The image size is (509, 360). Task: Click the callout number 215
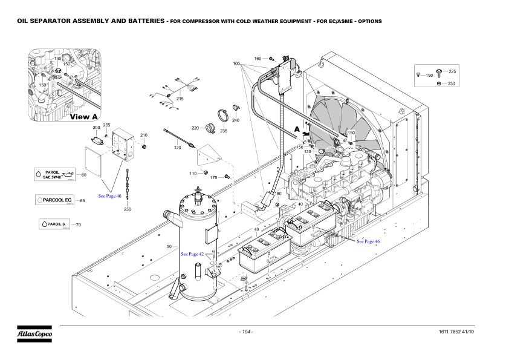(180, 99)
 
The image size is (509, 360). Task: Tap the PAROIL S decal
(54, 224)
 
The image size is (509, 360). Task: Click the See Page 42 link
(192, 255)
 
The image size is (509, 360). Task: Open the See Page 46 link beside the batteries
(368, 241)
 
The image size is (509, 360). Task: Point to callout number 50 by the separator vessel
(169, 247)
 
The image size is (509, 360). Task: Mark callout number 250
(128, 209)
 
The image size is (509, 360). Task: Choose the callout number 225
(452, 71)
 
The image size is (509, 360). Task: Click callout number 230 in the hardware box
(452, 83)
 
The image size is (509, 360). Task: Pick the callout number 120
(178, 148)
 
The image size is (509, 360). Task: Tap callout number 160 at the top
(258, 59)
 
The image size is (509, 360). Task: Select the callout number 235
(224, 131)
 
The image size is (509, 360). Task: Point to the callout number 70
(79, 224)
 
